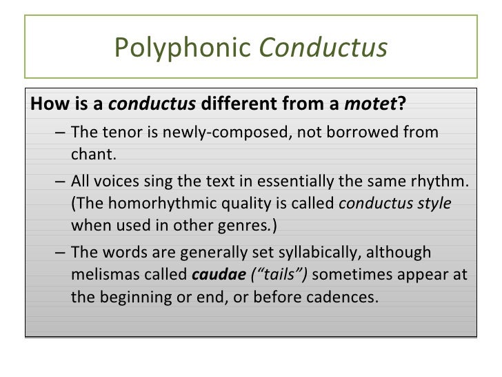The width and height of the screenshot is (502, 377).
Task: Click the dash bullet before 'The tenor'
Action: click(60, 132)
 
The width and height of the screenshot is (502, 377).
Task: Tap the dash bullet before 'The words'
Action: click(60, 253)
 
